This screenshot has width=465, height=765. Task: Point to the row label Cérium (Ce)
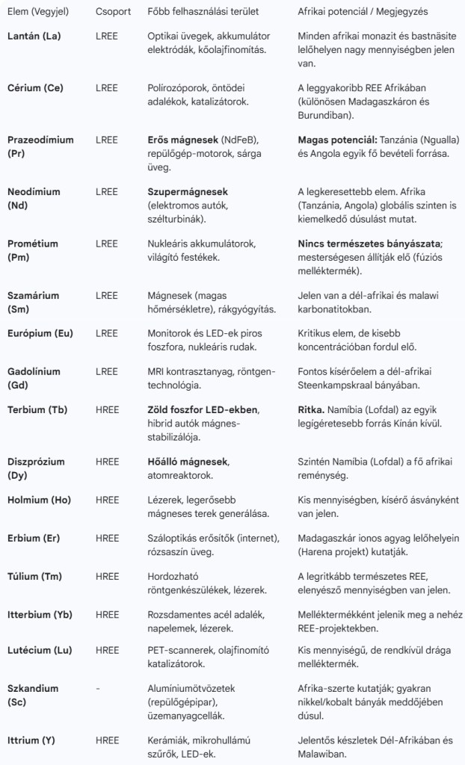tap(35, 88)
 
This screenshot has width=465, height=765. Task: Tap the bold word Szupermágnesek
tap(188, 192)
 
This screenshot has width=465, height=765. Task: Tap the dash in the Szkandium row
tap(98, 689)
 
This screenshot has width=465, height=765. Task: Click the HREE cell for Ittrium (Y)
tap(107, 740)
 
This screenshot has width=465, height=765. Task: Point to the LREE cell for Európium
tap(107, 333)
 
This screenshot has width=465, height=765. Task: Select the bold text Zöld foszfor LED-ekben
tap(203, 410)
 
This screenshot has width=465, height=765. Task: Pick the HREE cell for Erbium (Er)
tap(107, 538)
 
